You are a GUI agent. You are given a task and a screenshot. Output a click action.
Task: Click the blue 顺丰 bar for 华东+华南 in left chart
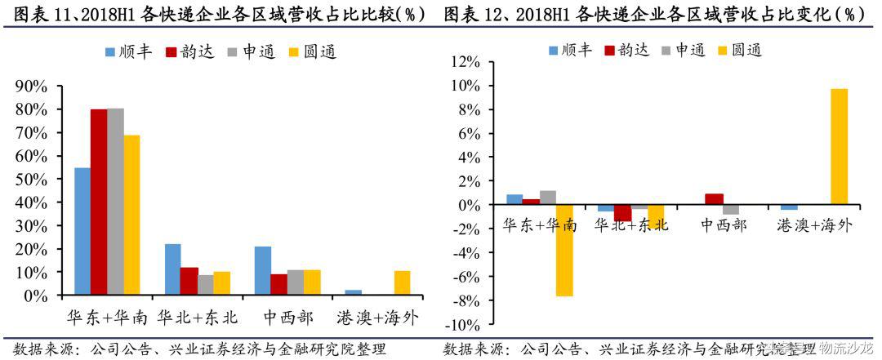pyautogui.click(x=82, y=231)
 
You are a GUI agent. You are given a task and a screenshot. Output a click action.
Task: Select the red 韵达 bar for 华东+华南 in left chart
pyautogui.click(x=98, y=202)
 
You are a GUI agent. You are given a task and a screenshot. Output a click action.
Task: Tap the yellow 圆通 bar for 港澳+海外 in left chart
pyautogui.click(x=402, y=282)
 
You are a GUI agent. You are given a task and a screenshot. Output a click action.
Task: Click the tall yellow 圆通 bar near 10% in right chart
pyautogui.click(x=839, y=147)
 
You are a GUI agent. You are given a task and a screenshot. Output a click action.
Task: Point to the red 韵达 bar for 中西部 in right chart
pyautogui.click(x=713, y=199)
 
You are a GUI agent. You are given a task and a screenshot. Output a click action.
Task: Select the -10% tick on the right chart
pyautogui.click(x=469, y=325)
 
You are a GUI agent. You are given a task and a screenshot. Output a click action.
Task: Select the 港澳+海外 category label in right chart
pyautogui.click(x=814, y=225)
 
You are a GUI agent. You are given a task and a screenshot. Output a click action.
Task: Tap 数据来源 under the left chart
pyautogui.click(x=37, y=349)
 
